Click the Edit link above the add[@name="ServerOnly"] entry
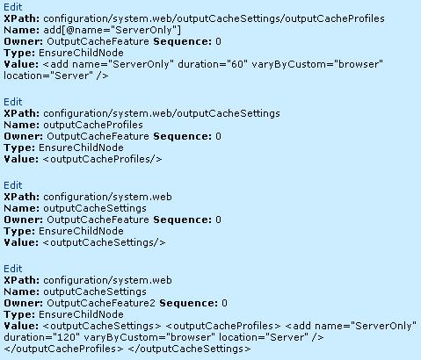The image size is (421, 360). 13,7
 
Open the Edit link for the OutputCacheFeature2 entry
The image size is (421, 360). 13,269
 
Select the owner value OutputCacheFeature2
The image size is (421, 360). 101,303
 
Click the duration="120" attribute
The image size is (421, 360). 42,337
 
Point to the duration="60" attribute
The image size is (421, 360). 211,64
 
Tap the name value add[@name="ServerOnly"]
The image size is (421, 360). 113,30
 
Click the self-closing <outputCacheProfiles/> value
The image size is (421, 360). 102,159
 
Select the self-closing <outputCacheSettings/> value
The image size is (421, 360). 104,242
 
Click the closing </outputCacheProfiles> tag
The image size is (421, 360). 63,349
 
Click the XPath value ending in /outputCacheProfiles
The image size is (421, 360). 214,18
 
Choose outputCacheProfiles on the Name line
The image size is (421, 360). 93,125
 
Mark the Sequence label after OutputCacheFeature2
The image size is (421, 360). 189,303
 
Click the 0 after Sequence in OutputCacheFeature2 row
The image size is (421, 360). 224,303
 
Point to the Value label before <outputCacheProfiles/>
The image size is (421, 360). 21,159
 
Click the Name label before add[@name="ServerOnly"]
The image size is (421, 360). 22,30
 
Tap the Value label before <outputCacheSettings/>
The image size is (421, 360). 21,242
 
